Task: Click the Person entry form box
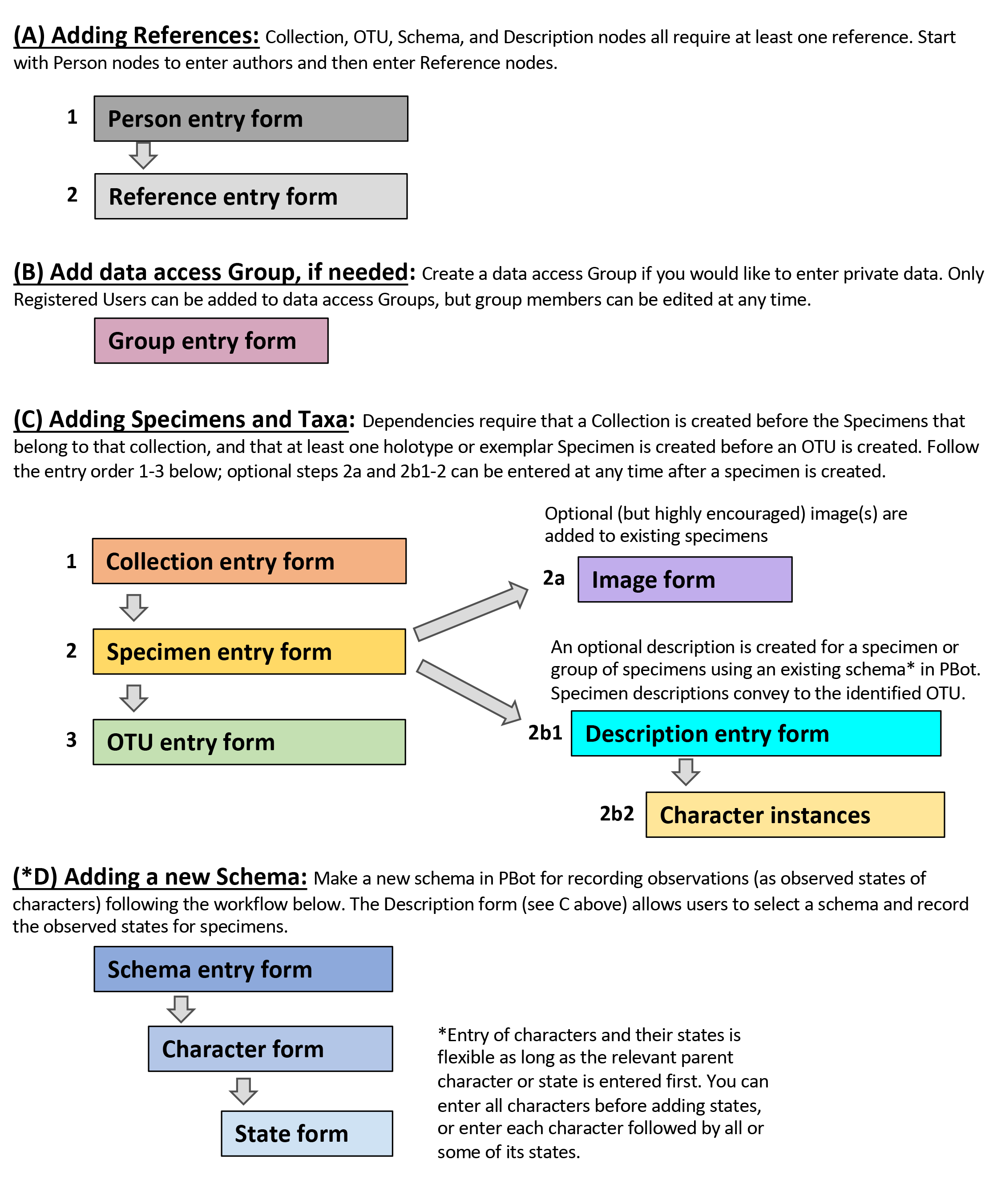pos(251,119)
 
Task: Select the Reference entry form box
pos(251,196)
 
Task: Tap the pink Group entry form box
pos(211,340)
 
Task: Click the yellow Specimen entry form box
pos(249,651)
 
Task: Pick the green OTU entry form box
pos(249,742)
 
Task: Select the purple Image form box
pos(685,579)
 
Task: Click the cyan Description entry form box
pos(756,733)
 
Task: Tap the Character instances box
pos(795,815)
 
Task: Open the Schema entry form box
pos(243,969)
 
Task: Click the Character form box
pos(270,1048)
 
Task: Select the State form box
pos(307,1133)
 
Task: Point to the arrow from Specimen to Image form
pos(471,611)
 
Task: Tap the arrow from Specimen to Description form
pos(469,692)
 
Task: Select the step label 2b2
pos(617,814)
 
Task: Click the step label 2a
pos(554,578)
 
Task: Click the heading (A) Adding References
pos(136,36)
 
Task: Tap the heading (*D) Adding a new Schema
pos(160,877)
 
